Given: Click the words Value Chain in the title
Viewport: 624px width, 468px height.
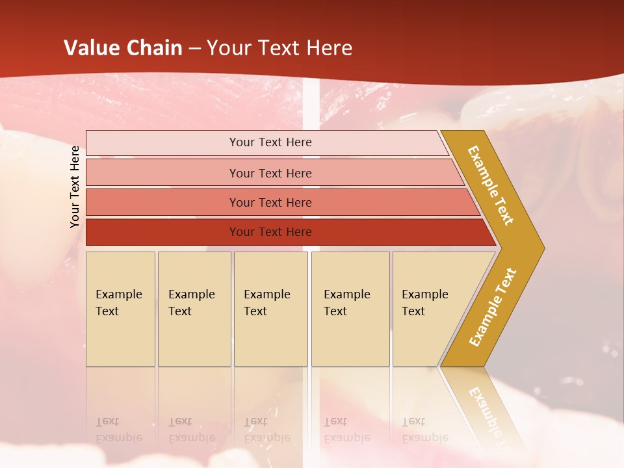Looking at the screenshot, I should [123, 48].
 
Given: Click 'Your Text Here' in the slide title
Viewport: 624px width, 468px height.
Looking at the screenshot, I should [279, 48].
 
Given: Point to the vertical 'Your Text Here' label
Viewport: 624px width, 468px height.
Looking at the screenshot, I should [75, 187].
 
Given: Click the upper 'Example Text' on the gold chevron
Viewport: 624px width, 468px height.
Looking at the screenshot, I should [491, 185].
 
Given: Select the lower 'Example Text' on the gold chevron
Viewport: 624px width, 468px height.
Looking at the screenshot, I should [493, 307].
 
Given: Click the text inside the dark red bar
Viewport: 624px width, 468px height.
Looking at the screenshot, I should [270, 232].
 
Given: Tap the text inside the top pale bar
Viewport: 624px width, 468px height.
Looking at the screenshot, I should [270, 142].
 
